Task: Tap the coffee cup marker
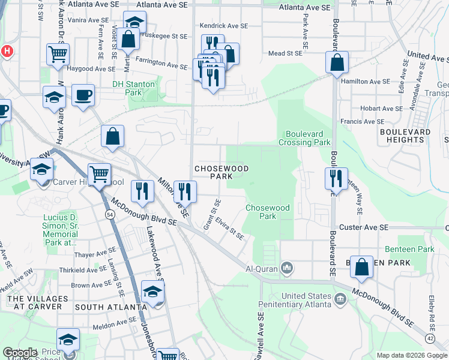[83, 95]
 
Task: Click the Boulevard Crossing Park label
[304, 138]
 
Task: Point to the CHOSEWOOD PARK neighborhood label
[213, 172]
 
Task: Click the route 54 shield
[109, 214]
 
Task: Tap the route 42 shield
[430, 338]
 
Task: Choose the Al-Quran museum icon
[288, 266]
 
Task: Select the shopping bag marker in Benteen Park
[363, 268]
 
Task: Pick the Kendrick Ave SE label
[223, 26]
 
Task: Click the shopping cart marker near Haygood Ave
[57, 54]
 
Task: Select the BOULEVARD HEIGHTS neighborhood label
[406, 136]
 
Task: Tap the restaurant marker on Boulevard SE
[336, 179]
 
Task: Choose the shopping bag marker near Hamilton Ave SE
[337, 62]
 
